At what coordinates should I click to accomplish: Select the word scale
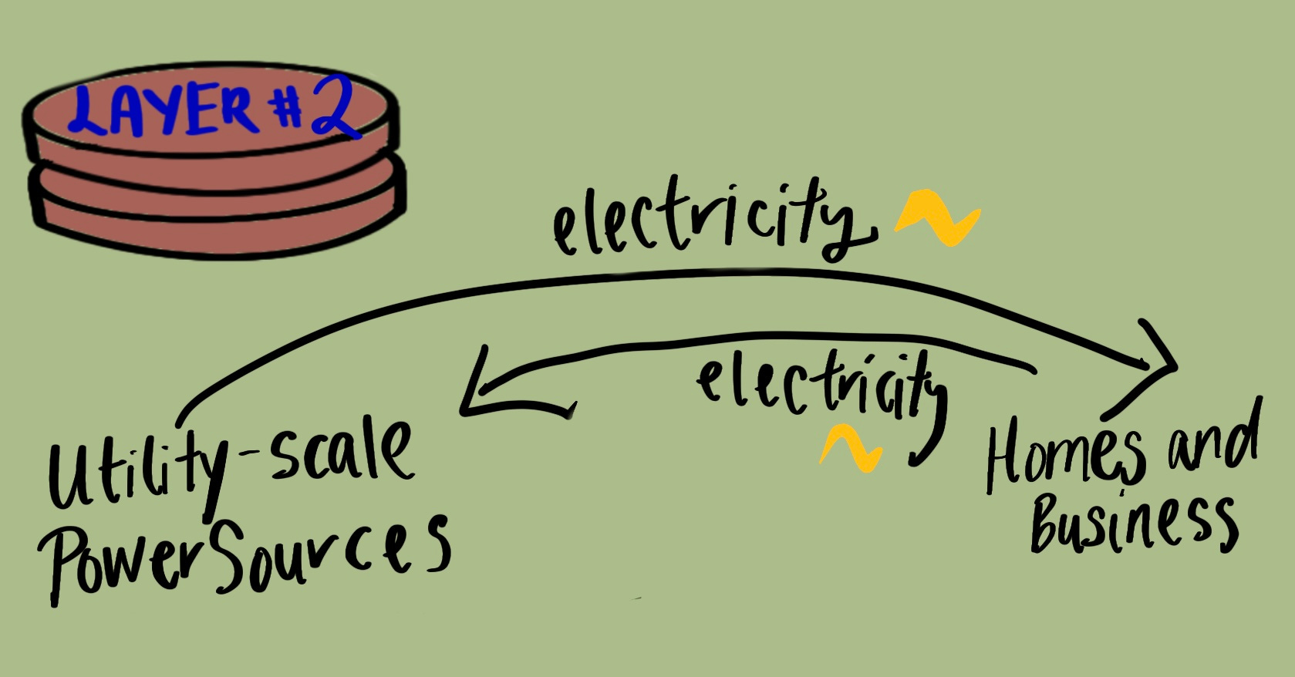point(339,455)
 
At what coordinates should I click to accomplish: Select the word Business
point(1134,524)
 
